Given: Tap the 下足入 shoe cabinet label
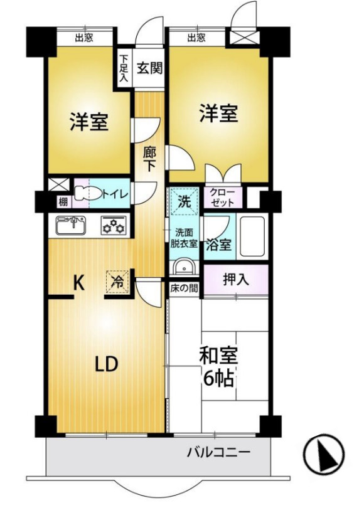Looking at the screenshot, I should [124, 68].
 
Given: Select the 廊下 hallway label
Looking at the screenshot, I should [149, 159].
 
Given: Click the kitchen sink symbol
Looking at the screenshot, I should [70, 225].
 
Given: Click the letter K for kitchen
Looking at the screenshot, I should [78, 283].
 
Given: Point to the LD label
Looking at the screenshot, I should [107, 364].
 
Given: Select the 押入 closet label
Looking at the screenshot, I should [236, 280].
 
